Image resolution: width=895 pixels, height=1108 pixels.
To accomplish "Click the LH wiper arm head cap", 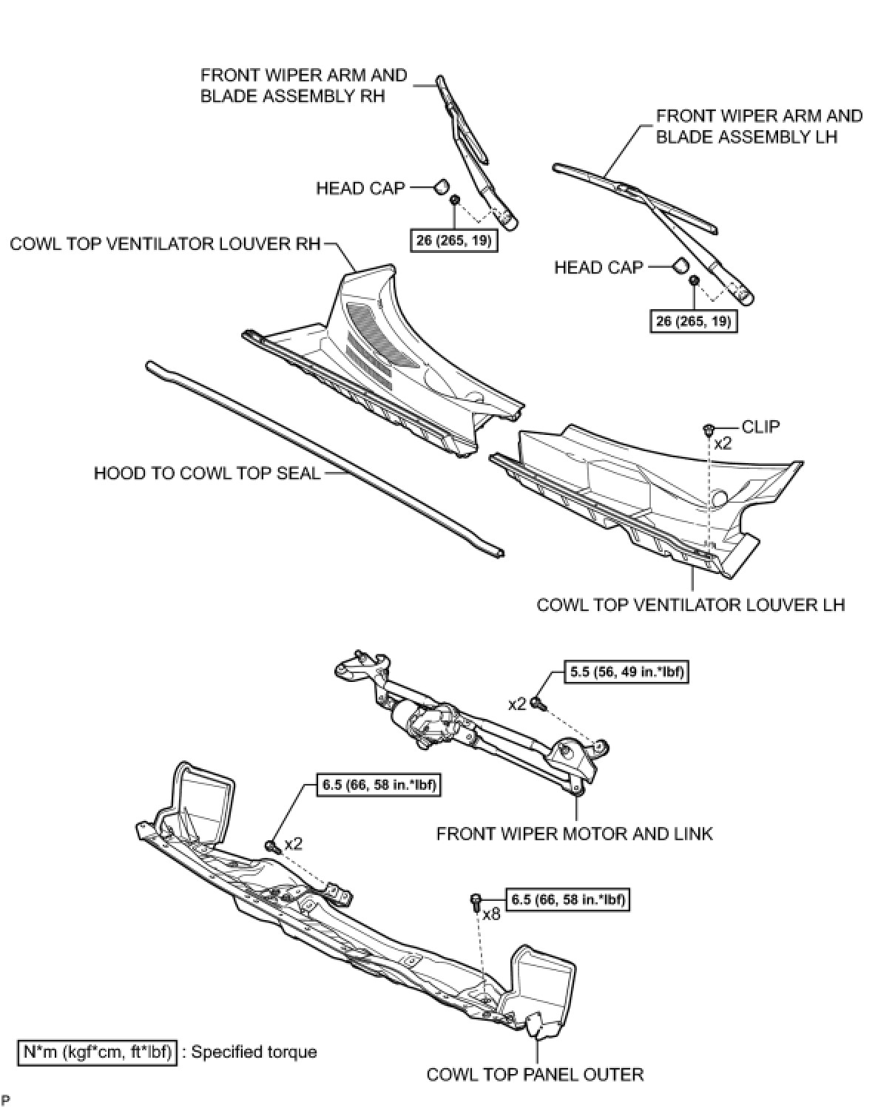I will tap(680, 265).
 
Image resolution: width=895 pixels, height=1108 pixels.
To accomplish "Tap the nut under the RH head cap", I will tap(455, 200).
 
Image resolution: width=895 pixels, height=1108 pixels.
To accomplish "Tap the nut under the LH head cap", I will tap(695, 281).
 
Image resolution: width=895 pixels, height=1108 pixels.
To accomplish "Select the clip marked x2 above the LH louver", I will tap(709, 428).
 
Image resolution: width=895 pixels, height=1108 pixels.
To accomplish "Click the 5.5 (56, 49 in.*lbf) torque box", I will tap(626, 672).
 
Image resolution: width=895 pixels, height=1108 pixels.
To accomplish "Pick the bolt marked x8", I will tap(476, 900).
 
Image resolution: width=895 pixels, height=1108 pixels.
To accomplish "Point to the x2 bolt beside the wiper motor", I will tap(539, 705).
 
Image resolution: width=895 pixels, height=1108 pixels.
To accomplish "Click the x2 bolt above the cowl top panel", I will tap(271, 845).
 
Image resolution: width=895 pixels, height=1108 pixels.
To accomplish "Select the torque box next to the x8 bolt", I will tap(567, 899).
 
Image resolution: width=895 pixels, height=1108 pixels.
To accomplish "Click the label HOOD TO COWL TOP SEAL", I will tap(207, 473).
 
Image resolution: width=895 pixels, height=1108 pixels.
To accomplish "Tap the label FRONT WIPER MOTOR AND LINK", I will tap(574, 834).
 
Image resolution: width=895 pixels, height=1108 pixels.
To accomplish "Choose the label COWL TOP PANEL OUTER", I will tap(535, 1073).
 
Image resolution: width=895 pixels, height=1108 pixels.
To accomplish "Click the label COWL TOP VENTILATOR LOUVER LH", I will tap(690, 604).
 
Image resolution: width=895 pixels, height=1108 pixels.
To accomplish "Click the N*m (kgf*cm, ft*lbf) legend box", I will tap(97, 1051).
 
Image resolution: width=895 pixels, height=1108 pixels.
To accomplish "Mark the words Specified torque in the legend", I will tap(254, 1051).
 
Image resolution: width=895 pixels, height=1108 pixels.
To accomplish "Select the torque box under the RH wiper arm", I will tap(453, 241).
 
